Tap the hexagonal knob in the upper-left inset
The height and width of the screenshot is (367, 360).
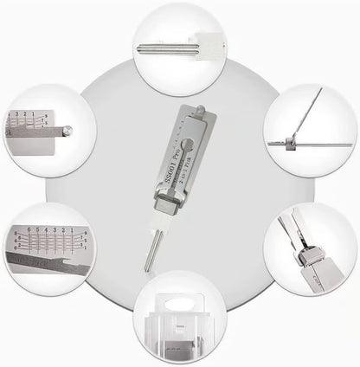tap(67, 132)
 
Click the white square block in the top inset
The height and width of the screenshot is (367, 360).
tap(203, 47)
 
